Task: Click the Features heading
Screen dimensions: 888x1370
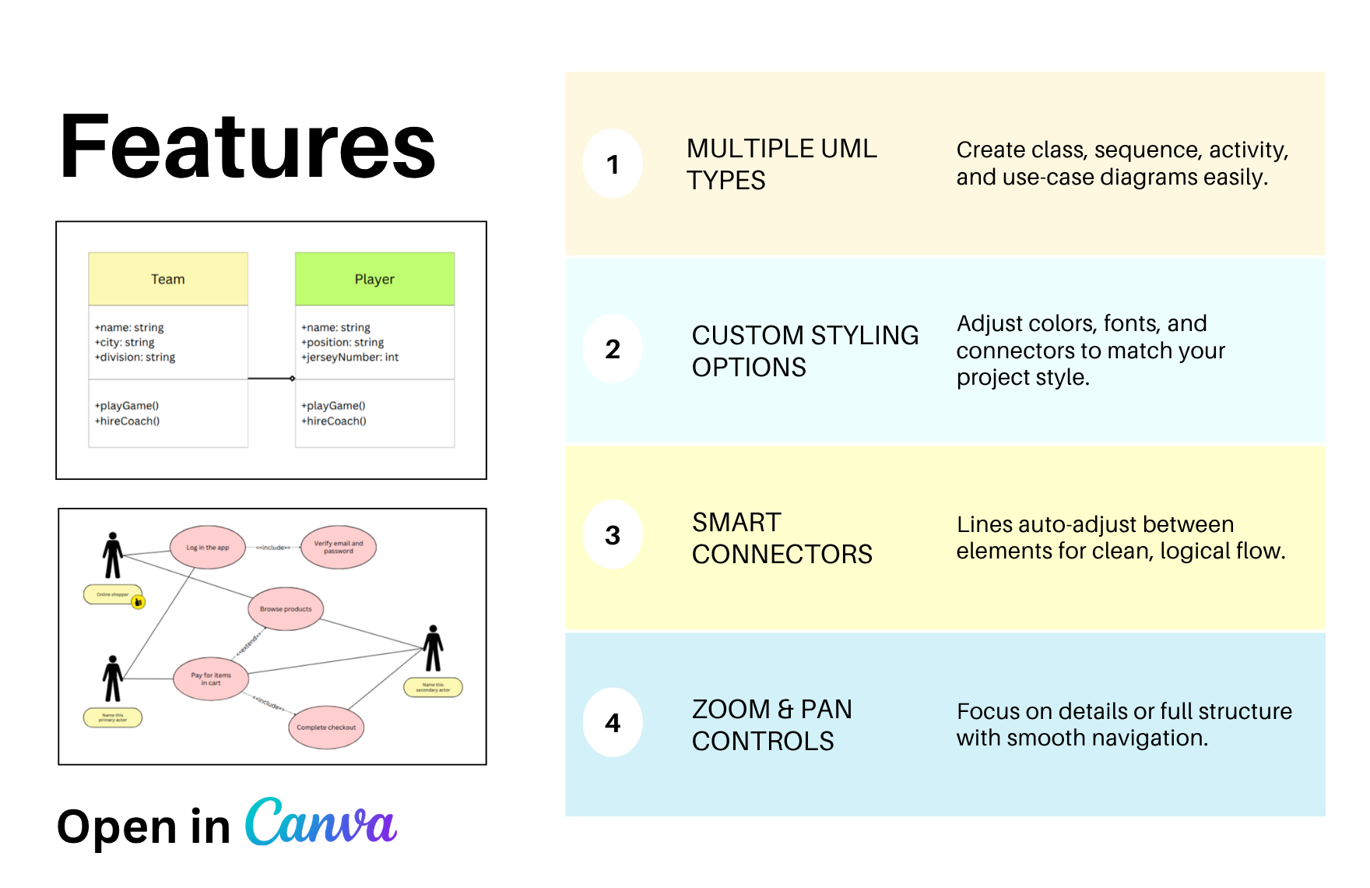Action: [248, 146]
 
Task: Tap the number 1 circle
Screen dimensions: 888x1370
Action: [613, 164]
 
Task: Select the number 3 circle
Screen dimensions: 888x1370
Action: [613, 534]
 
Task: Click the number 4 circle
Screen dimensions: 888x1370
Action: [613, 723]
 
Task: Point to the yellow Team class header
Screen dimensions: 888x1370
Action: [168, 279]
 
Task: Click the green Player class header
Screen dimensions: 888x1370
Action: [374, 279]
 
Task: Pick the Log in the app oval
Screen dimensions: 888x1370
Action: [208, 547]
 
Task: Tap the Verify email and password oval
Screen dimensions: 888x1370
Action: [339, 547]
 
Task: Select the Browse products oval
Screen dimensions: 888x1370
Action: [286, 608]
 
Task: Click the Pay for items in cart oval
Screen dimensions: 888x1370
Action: [211, 678]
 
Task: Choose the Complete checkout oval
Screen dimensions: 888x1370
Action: [326, 727]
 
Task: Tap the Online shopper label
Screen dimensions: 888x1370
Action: [113, 594]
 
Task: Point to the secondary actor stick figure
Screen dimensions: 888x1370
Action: [434, 648]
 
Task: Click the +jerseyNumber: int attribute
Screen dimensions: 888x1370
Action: [350, 357]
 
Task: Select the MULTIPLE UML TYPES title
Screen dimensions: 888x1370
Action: [782, 164]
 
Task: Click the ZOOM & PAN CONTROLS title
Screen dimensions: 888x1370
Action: [772, 724]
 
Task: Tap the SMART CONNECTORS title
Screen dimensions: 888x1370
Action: [782, 537]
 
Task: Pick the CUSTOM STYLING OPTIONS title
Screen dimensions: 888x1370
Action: [805, 351]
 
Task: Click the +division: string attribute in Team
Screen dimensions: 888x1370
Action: [135, 357]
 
